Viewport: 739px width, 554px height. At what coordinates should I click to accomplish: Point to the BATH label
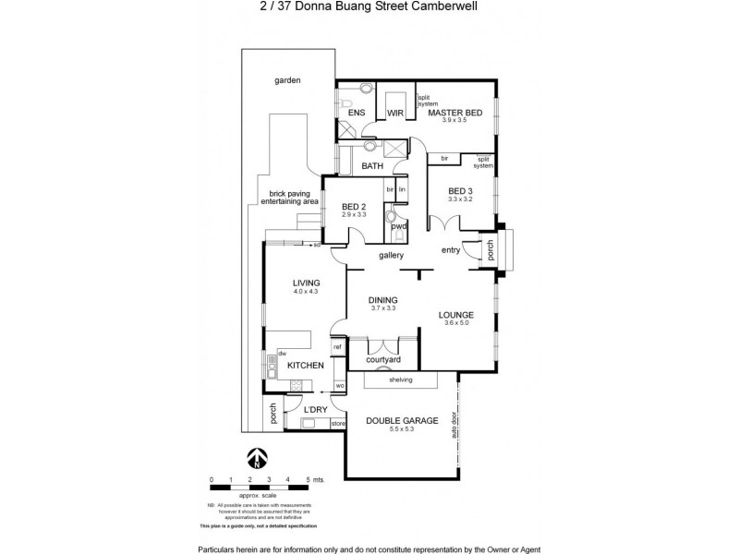click(x=372, y=166)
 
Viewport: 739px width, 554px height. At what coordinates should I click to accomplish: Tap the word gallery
click(x=393, y=256)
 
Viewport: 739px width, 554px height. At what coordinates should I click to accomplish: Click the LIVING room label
click(x=307, y=283)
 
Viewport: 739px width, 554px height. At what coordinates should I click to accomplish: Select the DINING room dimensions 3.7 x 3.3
click(x=382, y=309)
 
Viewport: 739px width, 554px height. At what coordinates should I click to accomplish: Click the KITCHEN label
click(x=305, y=366)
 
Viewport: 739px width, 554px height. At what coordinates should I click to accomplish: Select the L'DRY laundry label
click(x=316, y=409)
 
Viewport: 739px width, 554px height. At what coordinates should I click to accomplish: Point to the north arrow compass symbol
click(x=258, y=458)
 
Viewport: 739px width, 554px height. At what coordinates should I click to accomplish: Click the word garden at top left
click(x=287, y=80)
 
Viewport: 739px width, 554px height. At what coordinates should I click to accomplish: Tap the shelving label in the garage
click(x=400, y=379)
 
